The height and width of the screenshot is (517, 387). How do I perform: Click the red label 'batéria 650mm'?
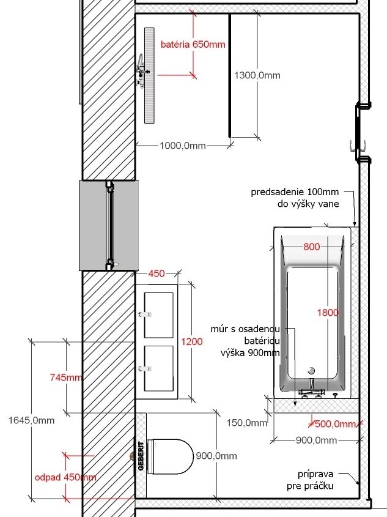(193, 44)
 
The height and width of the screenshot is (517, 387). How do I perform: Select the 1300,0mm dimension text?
(257, 75)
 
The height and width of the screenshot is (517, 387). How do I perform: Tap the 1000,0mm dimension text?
(183, 146)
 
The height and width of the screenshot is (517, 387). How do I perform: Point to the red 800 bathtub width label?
(311, 247)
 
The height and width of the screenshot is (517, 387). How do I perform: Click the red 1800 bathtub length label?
(328, 312)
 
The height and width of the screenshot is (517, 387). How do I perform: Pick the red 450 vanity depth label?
(157, 273)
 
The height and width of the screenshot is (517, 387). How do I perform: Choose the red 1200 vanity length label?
(192, 341)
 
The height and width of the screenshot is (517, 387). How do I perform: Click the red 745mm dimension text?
(66, 378)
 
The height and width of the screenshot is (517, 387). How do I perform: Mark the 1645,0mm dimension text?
(31, 420)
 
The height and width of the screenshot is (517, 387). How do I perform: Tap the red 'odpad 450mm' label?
(65, 477)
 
